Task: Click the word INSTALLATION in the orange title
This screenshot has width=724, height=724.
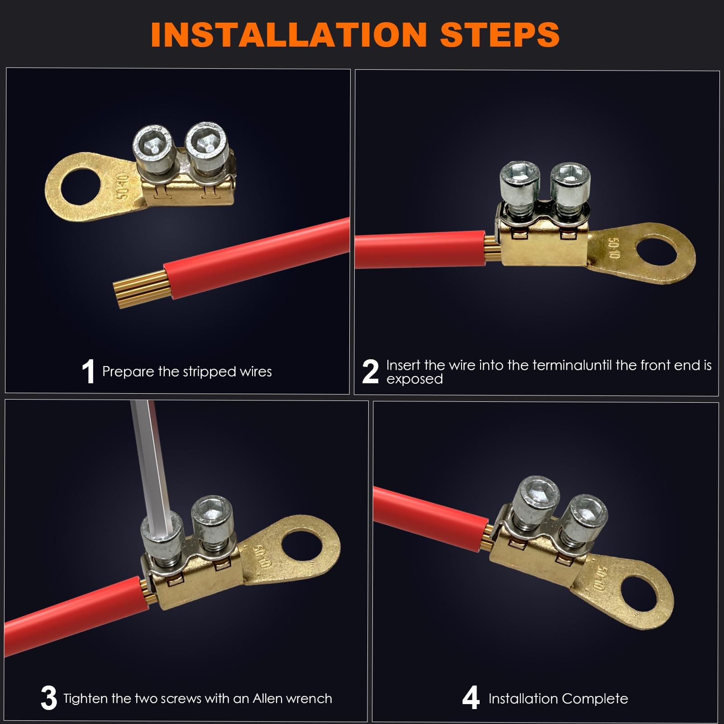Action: [x=289, y=34]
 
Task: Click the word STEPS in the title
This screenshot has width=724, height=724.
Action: [x=500, y=34]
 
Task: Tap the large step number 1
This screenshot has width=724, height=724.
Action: [x=88, y=372]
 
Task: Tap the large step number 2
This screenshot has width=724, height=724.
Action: [x=370, y=372]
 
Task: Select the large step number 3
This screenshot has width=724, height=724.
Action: [x=49, y=698]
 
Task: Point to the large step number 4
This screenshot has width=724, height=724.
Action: [x=471, y=698]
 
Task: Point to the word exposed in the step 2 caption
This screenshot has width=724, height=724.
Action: [x=414, y=379]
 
